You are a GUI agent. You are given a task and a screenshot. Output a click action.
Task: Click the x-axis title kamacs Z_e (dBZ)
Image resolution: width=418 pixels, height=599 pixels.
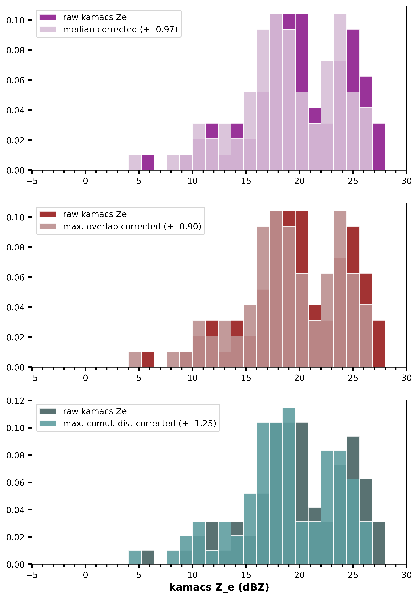(x=219, y=587)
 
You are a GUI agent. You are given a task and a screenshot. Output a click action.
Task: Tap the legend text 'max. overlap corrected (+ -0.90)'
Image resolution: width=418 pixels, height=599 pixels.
(x=132, y=226)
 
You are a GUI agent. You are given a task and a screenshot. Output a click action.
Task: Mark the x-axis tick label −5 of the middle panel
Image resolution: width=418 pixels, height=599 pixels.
(x=32, y=378)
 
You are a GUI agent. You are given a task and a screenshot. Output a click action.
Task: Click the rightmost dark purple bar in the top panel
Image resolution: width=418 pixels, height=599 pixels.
(x=379, y=147)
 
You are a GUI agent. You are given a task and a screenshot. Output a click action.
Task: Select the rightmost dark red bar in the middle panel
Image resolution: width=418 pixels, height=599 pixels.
(x=379, y=344)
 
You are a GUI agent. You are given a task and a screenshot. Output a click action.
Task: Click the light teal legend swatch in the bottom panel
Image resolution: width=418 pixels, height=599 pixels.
(x=48, y=423)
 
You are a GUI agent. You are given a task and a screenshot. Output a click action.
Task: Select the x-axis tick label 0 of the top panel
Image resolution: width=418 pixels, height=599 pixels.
(x=85, y=181)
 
